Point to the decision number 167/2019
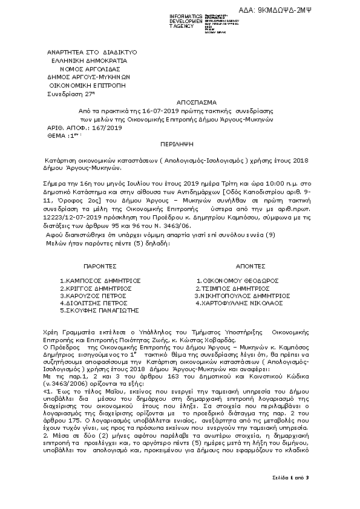coord(107,129)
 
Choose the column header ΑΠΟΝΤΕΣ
coord(250,266)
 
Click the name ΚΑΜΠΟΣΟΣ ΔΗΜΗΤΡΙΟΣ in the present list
coord(100,280)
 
